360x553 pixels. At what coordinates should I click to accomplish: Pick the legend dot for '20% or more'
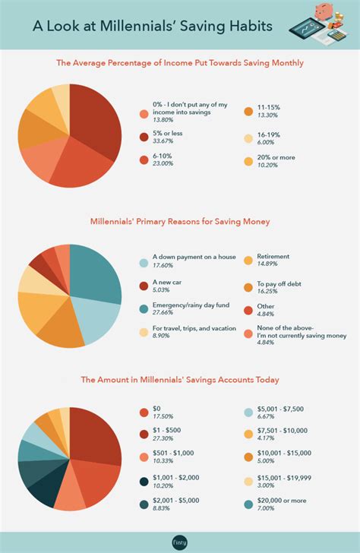(248, 162)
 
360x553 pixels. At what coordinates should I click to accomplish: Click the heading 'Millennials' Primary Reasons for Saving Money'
(180, 223)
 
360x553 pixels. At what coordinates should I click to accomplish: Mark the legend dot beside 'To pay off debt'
(248, 286)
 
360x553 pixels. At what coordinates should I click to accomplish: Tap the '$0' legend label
(156, 409)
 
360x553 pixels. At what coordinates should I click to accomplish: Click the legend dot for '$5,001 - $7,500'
(248, 412)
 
